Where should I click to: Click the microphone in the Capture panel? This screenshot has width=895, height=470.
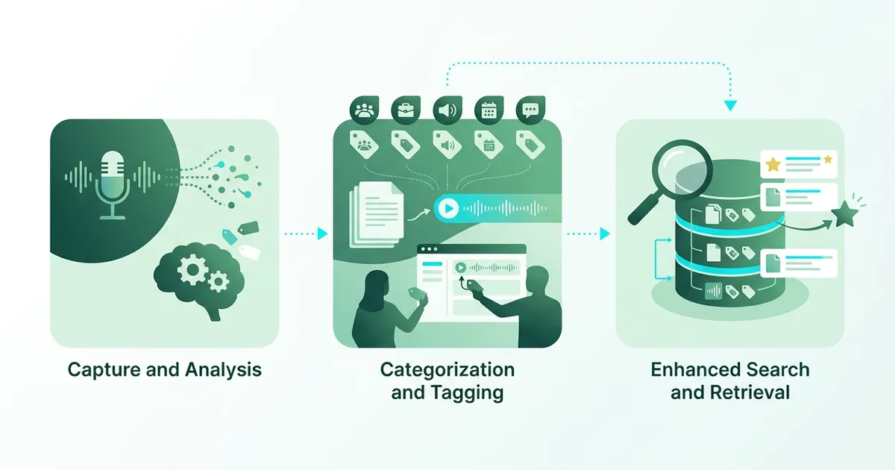[x=112, y=183]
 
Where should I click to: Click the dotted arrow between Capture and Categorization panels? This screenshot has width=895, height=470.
[x=306, y=234]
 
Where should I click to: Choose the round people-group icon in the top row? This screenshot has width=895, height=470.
[x=364, y=111]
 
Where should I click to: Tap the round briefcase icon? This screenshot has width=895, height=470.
[x=406, y=111]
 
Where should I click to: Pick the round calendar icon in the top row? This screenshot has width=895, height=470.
[x=489, y=111]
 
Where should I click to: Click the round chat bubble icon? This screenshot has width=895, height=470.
[x=531, y=111]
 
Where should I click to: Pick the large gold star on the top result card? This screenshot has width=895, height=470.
[x=773, y=165]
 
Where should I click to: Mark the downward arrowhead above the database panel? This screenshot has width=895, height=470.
[x=730, y=106]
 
